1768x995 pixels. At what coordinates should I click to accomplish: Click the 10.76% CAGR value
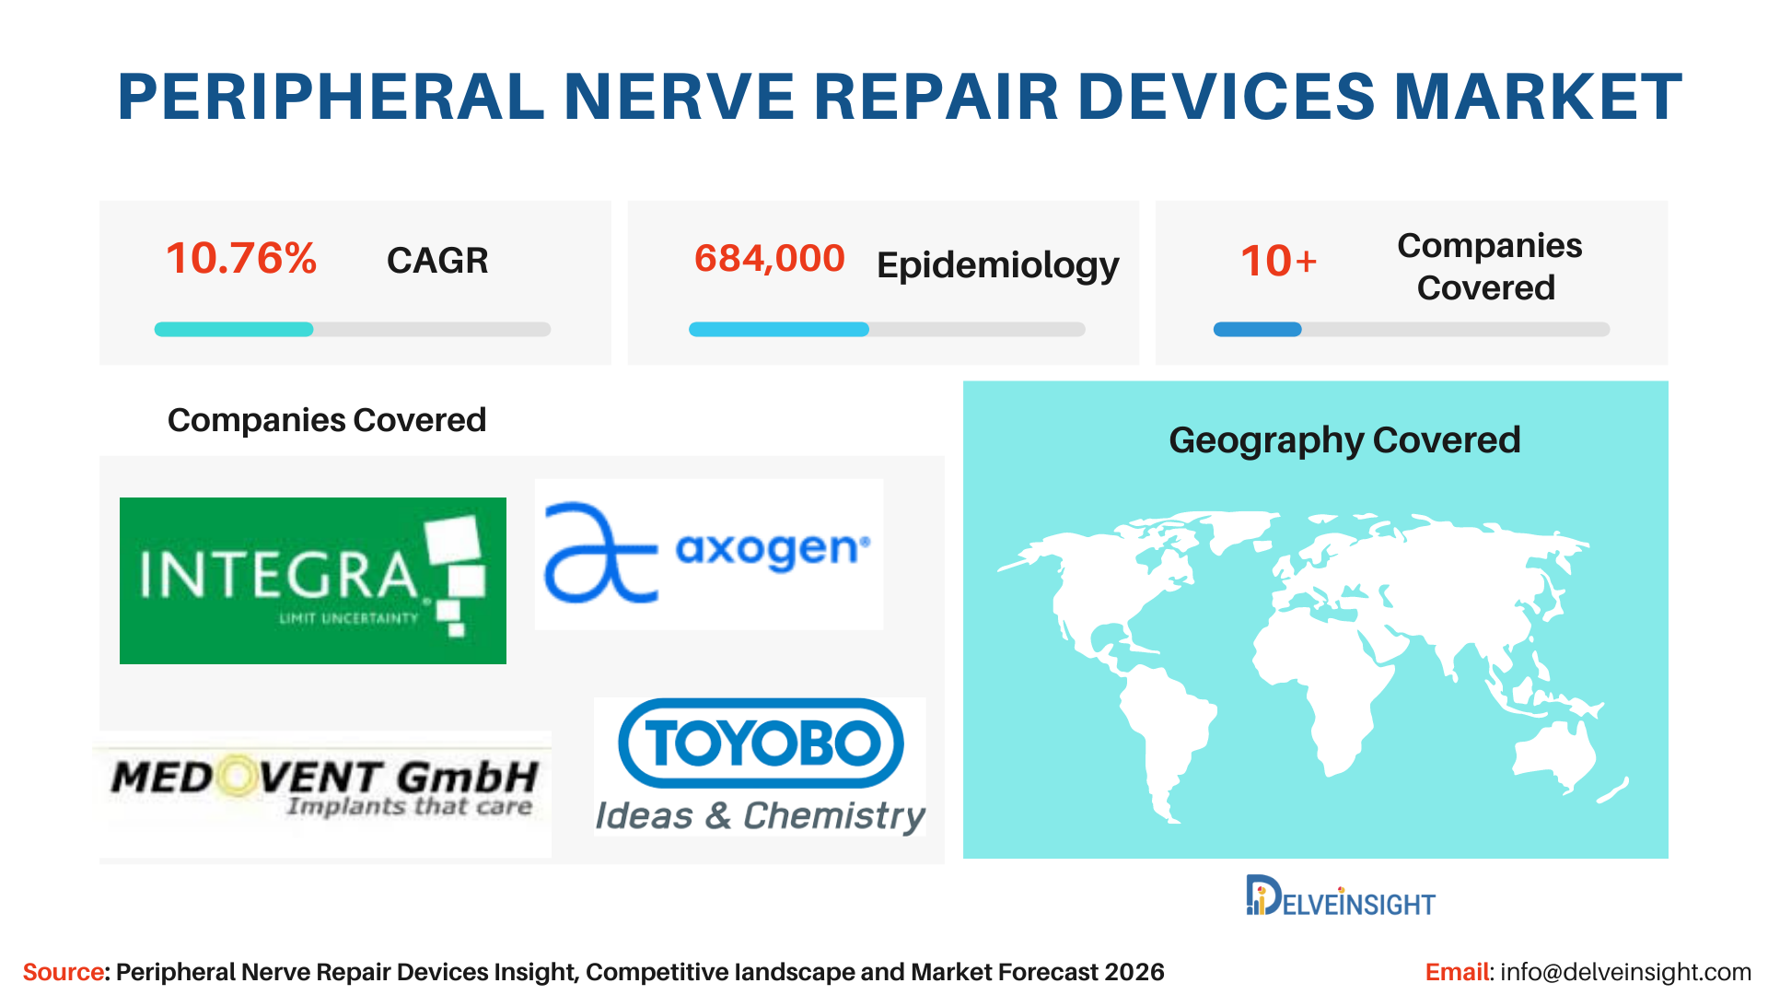[x=241, y=259]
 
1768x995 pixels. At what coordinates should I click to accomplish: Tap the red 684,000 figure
[x=770, y=259]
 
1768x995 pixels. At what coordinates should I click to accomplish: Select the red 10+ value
[x=1279, y=261]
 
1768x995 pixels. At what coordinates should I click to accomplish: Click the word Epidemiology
[x=998, y=265]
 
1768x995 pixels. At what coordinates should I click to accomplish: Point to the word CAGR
[x=437, y=261]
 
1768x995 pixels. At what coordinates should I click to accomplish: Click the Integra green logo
[x=313, y=580]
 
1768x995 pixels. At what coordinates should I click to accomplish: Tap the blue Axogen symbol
[x=600, y=552]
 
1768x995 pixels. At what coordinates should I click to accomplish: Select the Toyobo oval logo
[x=761, y=743]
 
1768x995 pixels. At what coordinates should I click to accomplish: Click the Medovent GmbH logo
[x=325, y=789]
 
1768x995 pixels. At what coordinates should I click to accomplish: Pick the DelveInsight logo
[x=1341, y=895]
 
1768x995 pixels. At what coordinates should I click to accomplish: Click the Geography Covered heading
[x=1344, y=440]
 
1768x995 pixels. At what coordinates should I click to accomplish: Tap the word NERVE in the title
[x=680, y=97]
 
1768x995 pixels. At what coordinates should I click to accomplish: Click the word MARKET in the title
[x=1538, y=97]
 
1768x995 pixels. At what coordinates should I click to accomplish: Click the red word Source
[x=64, y=972]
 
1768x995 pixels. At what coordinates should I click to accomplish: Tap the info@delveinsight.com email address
[x=1625, y=972]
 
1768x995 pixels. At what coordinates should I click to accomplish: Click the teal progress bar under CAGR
[x=234, y=329]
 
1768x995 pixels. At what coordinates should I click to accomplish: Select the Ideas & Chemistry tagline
[x=761, y=816]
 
